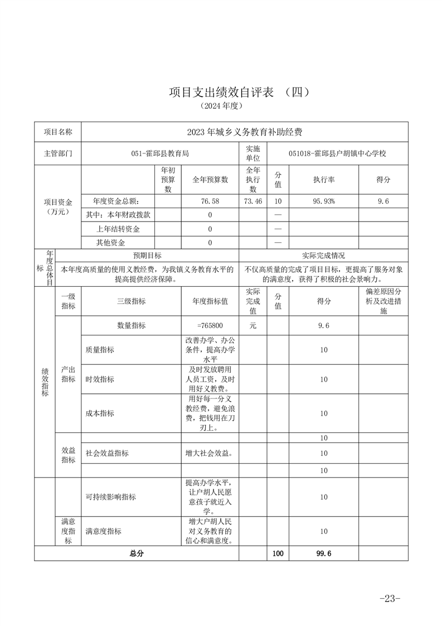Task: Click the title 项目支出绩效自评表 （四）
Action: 239,93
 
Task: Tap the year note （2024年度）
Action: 221,105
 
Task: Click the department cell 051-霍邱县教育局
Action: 159,153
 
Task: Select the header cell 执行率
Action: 324,180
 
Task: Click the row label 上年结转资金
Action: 118,229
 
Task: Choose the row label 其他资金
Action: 111,243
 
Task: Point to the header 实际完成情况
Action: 323,256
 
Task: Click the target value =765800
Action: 210,325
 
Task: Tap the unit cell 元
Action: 253,325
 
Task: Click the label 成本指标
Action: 100,413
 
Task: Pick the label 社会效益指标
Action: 107,453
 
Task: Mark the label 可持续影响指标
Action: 110,497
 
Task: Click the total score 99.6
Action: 324,553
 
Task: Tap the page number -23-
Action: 390,599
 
